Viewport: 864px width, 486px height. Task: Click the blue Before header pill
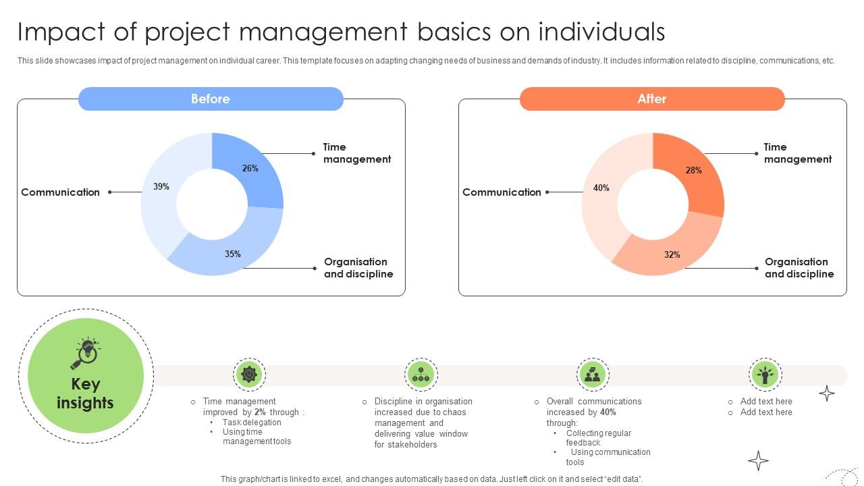pos(211,99)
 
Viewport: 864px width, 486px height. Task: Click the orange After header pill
pos(652,99)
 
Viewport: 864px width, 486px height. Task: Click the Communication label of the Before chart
pos(60,192)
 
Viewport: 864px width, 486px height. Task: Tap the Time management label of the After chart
pos(797,153)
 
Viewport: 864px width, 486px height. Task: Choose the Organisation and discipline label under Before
pos(358,268)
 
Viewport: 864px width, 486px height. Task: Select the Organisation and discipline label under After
pos(799,268)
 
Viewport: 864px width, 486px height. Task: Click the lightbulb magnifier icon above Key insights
pos(86,353)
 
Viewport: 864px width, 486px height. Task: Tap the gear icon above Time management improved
pos(249,374)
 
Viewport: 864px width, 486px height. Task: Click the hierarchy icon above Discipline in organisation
pos(421,374)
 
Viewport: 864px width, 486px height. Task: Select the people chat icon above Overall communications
pos(593,374)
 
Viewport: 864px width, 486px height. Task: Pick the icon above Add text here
pos(765,374)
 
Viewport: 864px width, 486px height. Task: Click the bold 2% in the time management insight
pos(260,412)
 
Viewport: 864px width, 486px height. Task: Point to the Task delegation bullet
pos(252,423)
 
